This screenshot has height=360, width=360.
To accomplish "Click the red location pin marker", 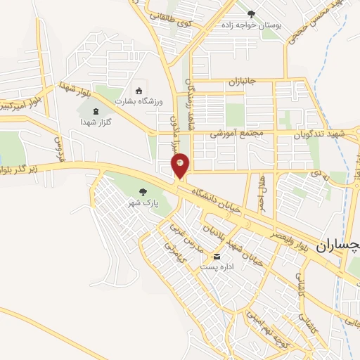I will (180, 166).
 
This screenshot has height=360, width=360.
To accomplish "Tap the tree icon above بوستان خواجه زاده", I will (251, 13).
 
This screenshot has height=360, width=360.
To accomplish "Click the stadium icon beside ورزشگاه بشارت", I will (138, 91).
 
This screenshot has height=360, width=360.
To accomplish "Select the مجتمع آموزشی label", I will (237, 133).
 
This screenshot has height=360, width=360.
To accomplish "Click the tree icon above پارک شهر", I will (143, 191).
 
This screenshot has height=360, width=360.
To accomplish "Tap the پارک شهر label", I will (139, 203).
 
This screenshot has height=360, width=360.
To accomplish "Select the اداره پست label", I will (217, 267).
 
